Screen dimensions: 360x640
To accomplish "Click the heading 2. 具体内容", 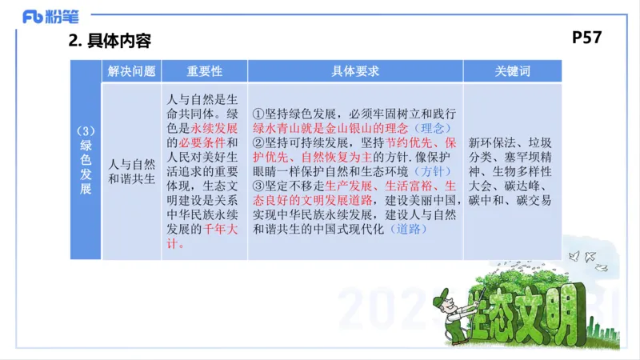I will pos(110,40).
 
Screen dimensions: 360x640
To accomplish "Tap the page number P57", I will pos(587,38).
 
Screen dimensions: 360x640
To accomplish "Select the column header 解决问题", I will pos(131,71).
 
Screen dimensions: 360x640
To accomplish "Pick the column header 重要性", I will pos(204,71).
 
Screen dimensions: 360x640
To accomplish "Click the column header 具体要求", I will pos(355,71).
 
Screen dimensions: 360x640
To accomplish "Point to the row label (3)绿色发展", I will pos(86,160).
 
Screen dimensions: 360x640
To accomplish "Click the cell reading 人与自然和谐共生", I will pos(131,171).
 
